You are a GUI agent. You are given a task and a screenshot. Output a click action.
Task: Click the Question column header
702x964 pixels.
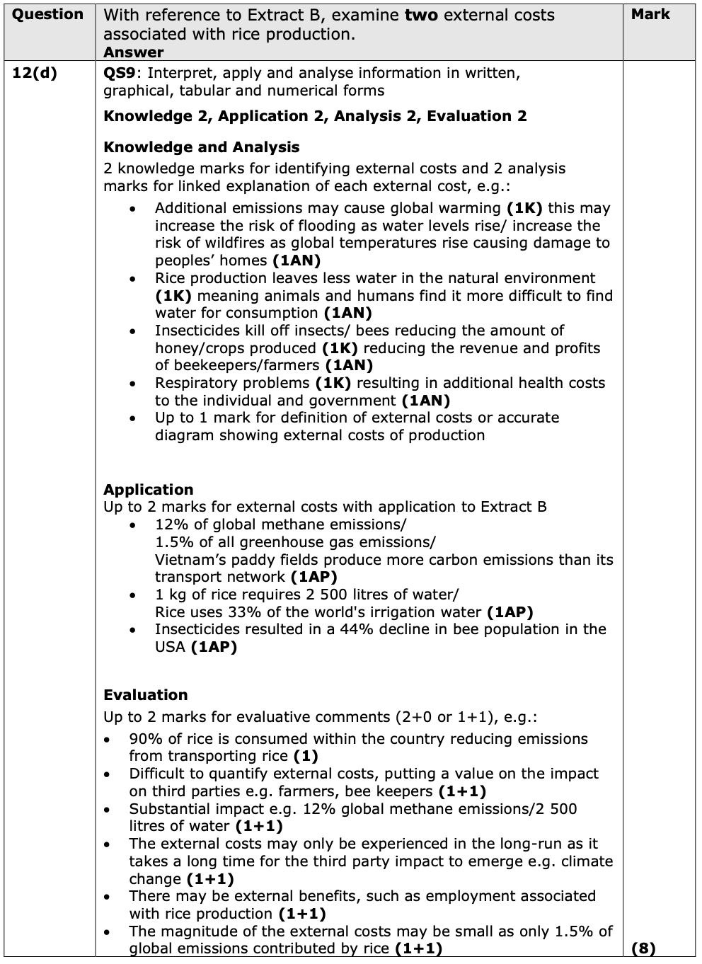point(47,15)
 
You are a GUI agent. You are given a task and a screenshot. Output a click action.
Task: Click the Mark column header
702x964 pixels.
point(650,14)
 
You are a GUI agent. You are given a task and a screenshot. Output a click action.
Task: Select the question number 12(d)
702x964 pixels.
point(35,73)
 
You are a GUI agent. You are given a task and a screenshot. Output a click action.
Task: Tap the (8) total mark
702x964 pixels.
point(643,948)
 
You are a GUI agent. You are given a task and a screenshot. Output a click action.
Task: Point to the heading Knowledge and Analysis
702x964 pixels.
point(201,147)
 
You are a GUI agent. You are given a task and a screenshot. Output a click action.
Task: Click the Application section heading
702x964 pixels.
point(148,490)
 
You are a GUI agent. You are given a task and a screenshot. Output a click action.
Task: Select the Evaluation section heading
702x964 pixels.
point(146,695)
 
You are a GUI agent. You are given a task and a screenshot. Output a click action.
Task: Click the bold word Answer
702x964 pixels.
point(133,52)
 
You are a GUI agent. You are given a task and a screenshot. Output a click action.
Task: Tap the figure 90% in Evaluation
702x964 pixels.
point(144,739)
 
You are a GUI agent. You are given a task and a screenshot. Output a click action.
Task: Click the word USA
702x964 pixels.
point(170,647)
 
